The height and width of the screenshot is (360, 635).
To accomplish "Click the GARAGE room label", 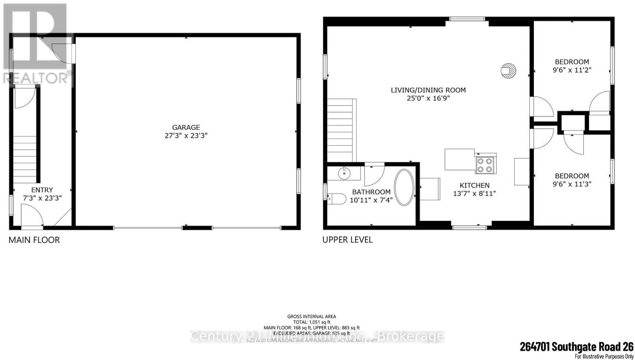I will coord(186,127).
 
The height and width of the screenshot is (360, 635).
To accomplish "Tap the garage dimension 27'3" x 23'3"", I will coord(186,136).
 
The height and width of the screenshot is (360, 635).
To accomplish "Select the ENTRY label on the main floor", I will coord(42,190).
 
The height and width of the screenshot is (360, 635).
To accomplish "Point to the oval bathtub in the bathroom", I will coord(404,188).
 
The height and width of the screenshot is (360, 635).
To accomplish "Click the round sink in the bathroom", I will coord(344,173).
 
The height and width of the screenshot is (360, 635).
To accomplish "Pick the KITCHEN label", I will coord(475,185).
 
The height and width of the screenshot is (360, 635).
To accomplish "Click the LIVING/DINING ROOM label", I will coord(428,90).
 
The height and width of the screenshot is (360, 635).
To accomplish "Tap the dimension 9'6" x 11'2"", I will coord(572,70).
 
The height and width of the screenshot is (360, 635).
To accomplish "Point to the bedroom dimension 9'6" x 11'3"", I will coord(572,184).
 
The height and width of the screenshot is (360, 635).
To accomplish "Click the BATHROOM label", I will coord(371,192).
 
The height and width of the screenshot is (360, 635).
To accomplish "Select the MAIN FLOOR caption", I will coord(34,240).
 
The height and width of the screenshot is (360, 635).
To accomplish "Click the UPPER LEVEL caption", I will coord(347,240).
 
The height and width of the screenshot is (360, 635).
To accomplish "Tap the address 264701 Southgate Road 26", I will coord(577,347).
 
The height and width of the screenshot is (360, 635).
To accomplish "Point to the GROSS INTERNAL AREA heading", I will coord(312,316).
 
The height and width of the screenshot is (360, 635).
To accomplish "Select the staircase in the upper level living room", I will coord(340,130).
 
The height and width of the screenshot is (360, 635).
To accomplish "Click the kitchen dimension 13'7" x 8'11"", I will coord(475,194).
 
